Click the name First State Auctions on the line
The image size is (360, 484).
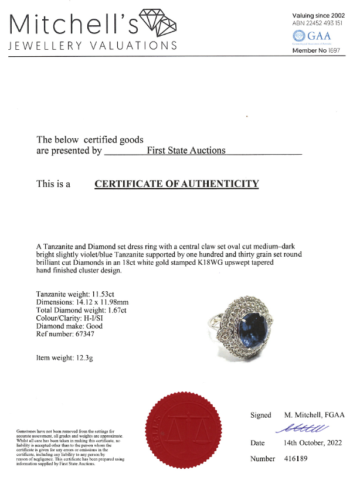pyautogui.click(x=186, y=151)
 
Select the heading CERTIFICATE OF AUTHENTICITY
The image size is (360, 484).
pyautogui.click(x=176, y=184)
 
